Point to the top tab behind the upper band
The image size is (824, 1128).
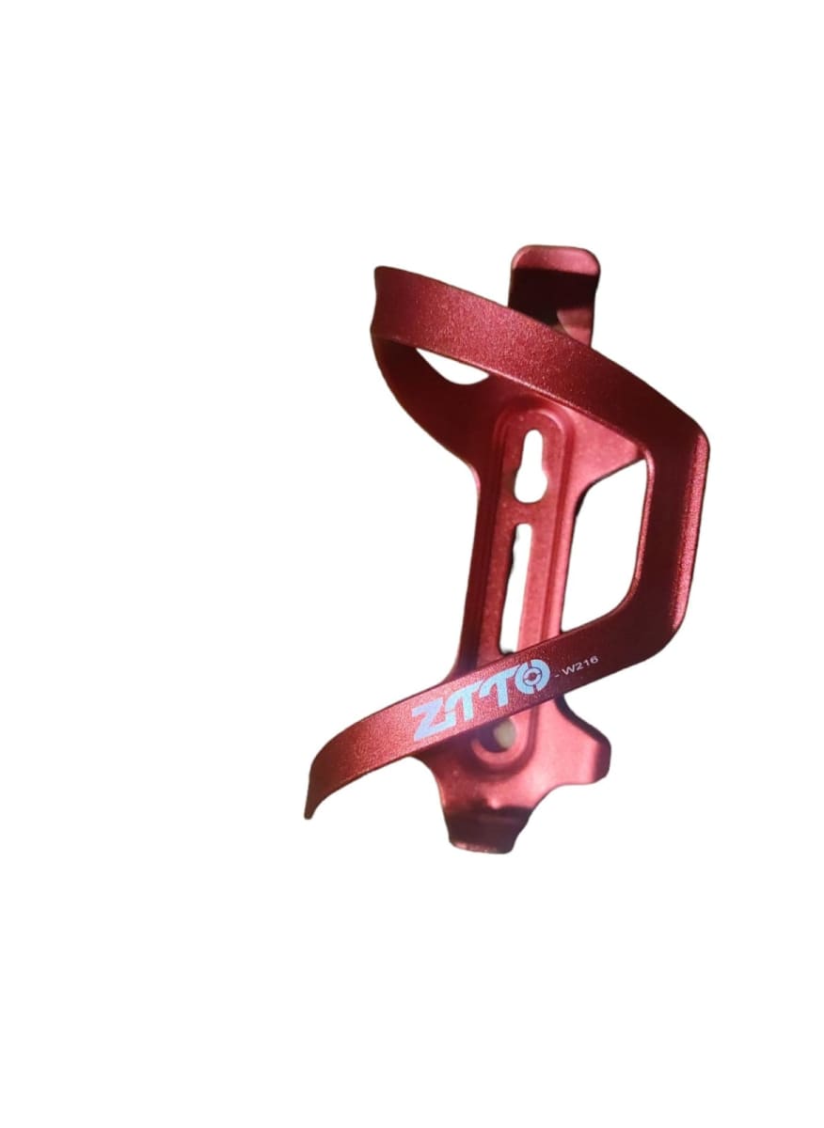555,268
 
